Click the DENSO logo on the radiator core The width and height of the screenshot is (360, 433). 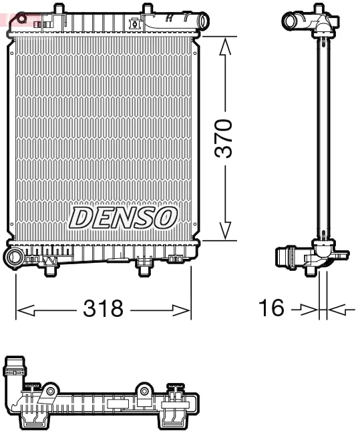point(124,217)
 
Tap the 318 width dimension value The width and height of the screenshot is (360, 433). point(103,308)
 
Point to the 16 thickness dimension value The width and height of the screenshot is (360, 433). point(271,308)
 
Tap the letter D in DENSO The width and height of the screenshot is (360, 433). point(80,218)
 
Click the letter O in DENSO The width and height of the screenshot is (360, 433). point(168,217)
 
